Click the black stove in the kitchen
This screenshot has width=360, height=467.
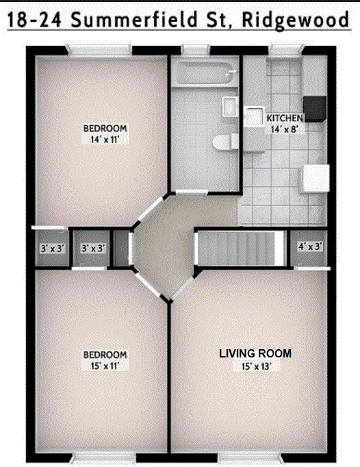pyautogui.click(x=315, y=108)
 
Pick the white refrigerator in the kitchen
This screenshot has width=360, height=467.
pyautogui.click(x=315, y=178)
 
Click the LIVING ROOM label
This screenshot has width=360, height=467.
pyautogui.click(x=255, y=353)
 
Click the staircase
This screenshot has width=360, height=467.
pyautogui.click(x=240, y=249)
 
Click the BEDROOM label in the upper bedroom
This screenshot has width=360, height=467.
pyautogui.click(x=105, y=128)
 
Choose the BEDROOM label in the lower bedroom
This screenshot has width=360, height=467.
pyautogui.click(x=105, y=355)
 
